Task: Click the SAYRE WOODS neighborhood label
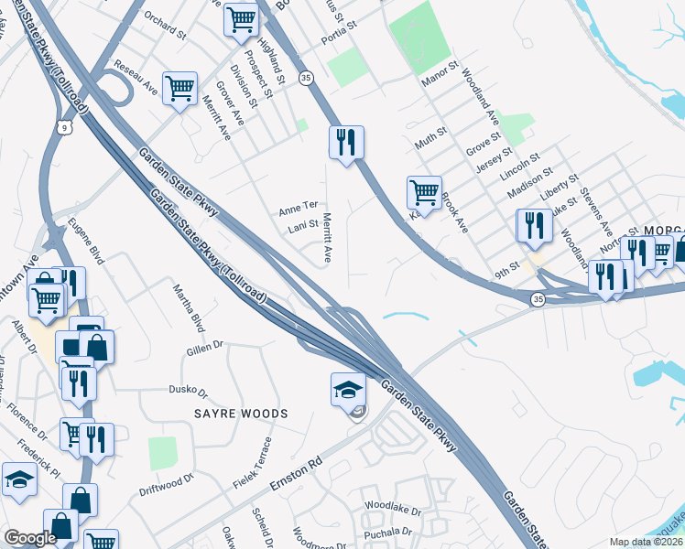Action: [x=241, y=414]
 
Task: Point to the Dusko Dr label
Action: [x=189, y=391]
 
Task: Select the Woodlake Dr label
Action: [x=392, y=507]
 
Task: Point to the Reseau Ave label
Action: [x=136, y=80]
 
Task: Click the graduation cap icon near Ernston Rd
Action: [x=348, y=388]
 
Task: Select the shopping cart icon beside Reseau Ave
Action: [x=179, y=88]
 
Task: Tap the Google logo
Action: [x=30, y=538]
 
